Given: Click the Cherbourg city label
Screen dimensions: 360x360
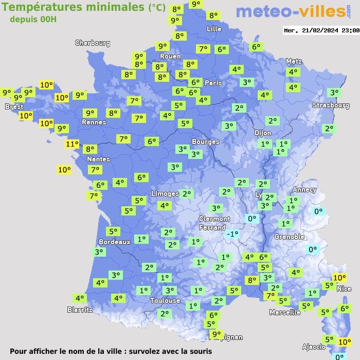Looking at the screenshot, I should coord(93,43).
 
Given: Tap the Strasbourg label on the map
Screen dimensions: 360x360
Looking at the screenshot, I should coord(331,105).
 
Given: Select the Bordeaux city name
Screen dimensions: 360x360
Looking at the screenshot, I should coord(114,242).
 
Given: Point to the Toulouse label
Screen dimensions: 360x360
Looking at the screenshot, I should coord(165,300).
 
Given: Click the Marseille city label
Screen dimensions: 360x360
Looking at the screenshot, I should coord(285,312).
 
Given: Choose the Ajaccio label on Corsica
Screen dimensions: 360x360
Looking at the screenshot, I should coord(314,346).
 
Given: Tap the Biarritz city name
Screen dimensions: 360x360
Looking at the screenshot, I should coord(80,310).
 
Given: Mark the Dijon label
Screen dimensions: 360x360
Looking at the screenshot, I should coord(263,133).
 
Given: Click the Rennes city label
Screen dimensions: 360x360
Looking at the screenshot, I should coord(94,122).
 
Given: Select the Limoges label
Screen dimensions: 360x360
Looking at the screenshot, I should coord(165,194).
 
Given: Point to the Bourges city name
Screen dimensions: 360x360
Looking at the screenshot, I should coord(205,141).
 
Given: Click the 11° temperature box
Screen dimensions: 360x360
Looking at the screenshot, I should coord(73,145).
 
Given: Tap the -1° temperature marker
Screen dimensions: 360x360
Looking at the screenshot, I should coord(232,234).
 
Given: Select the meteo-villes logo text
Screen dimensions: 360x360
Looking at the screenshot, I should coord(290,11).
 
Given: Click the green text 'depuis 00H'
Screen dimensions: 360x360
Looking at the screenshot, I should coord(33,19).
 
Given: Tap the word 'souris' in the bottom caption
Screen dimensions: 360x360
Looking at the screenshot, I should coord(199,351).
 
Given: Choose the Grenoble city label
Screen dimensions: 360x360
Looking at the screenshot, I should coord(290,237).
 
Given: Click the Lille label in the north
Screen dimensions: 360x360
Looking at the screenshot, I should coord(214,29).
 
